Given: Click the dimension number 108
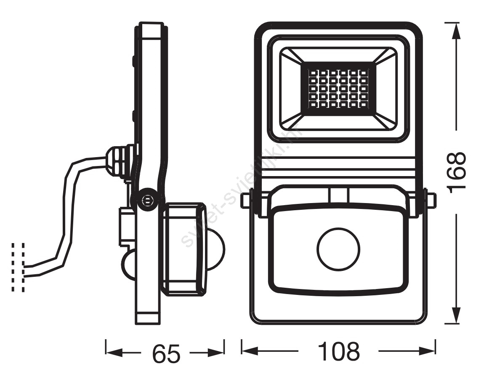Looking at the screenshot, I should tap(339, 351).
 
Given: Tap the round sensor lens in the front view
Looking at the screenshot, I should tap(339, 249).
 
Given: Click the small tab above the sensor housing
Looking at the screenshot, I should tap(339, 195).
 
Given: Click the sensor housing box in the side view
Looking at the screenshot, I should tap(184, 249).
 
